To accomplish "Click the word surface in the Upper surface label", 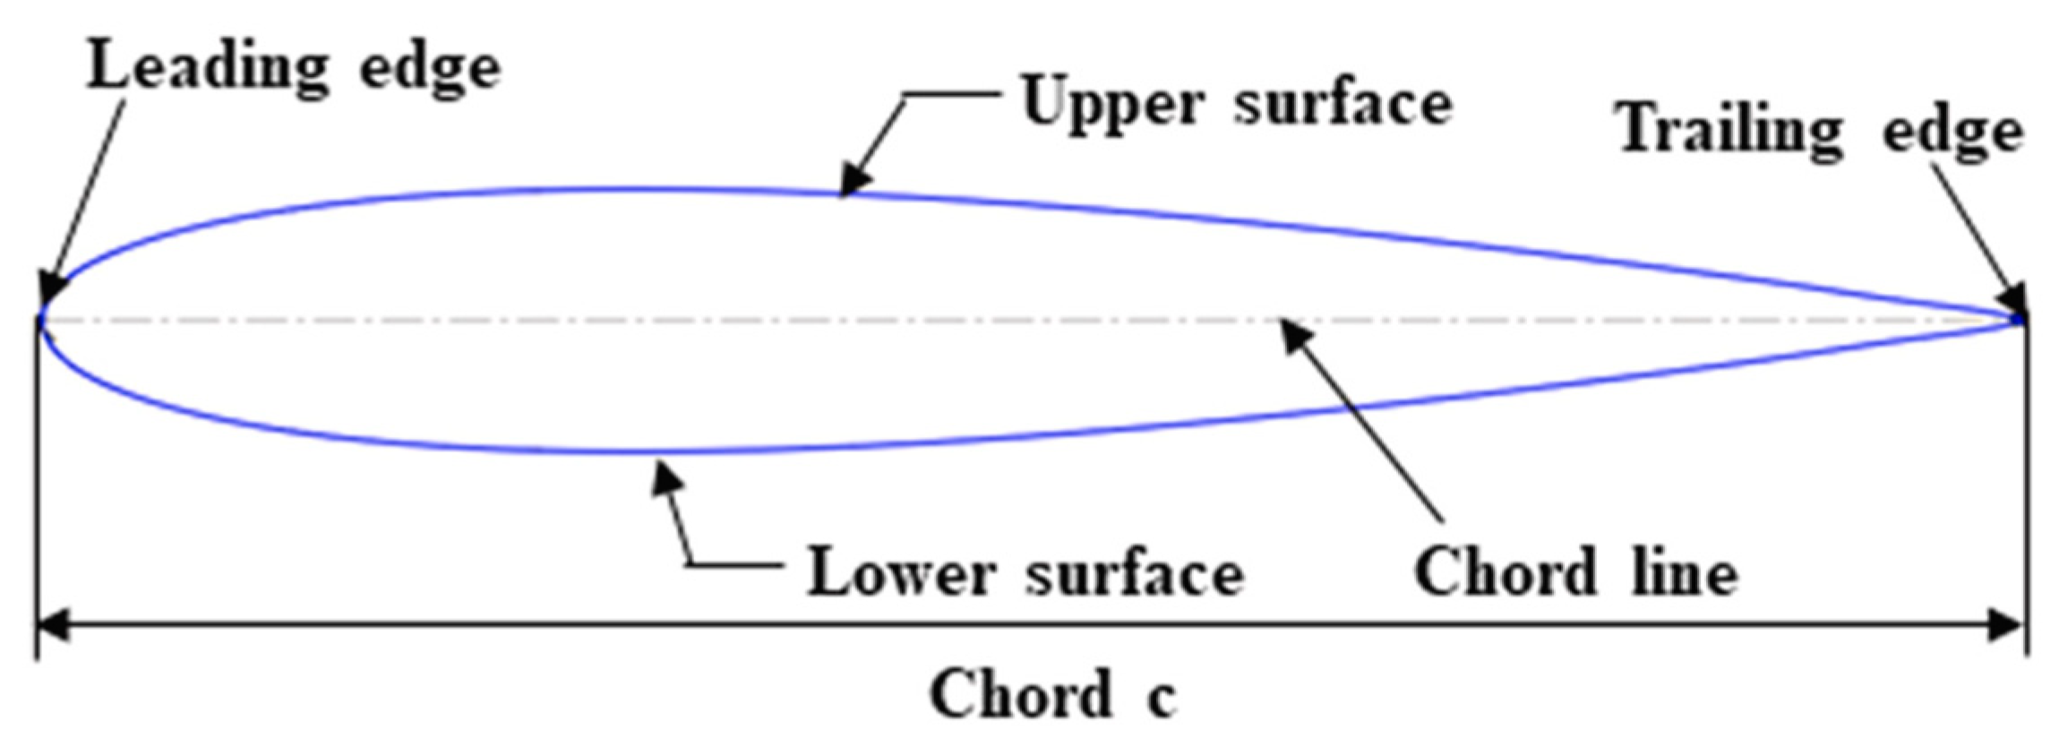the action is point(1343,103).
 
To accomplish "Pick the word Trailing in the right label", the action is point(1729,132).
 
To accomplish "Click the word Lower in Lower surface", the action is point(900,572).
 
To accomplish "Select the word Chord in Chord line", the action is point(1505,572).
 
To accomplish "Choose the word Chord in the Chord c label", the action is point(1020,695).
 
